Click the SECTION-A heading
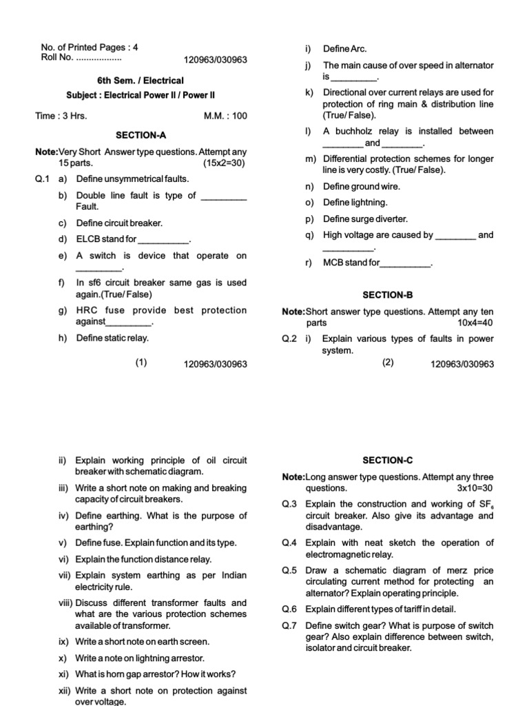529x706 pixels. click(x=141, y=136)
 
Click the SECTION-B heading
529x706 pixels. click(x=387, y=294)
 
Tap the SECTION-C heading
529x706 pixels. click(x=387, y=460)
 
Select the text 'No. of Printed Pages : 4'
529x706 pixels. click(x=90, y=48)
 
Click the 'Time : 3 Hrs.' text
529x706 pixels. click(x=61, y=116)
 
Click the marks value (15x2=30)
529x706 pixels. click(x=225, y=163)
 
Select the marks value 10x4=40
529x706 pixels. click(x=475, y=323)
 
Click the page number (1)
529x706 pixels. click(x=141, y=363)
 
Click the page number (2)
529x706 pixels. click(x=388, y=363)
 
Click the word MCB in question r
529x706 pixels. click(x=333, y=263)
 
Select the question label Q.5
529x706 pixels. click(x=289, y=571)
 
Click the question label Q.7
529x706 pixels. click(x=289, y=626)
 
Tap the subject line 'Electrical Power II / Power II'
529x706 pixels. click(x=141, y=95)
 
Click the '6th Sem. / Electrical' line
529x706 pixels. click(x=141, y=81)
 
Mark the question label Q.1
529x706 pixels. click(x=43, y=179)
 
